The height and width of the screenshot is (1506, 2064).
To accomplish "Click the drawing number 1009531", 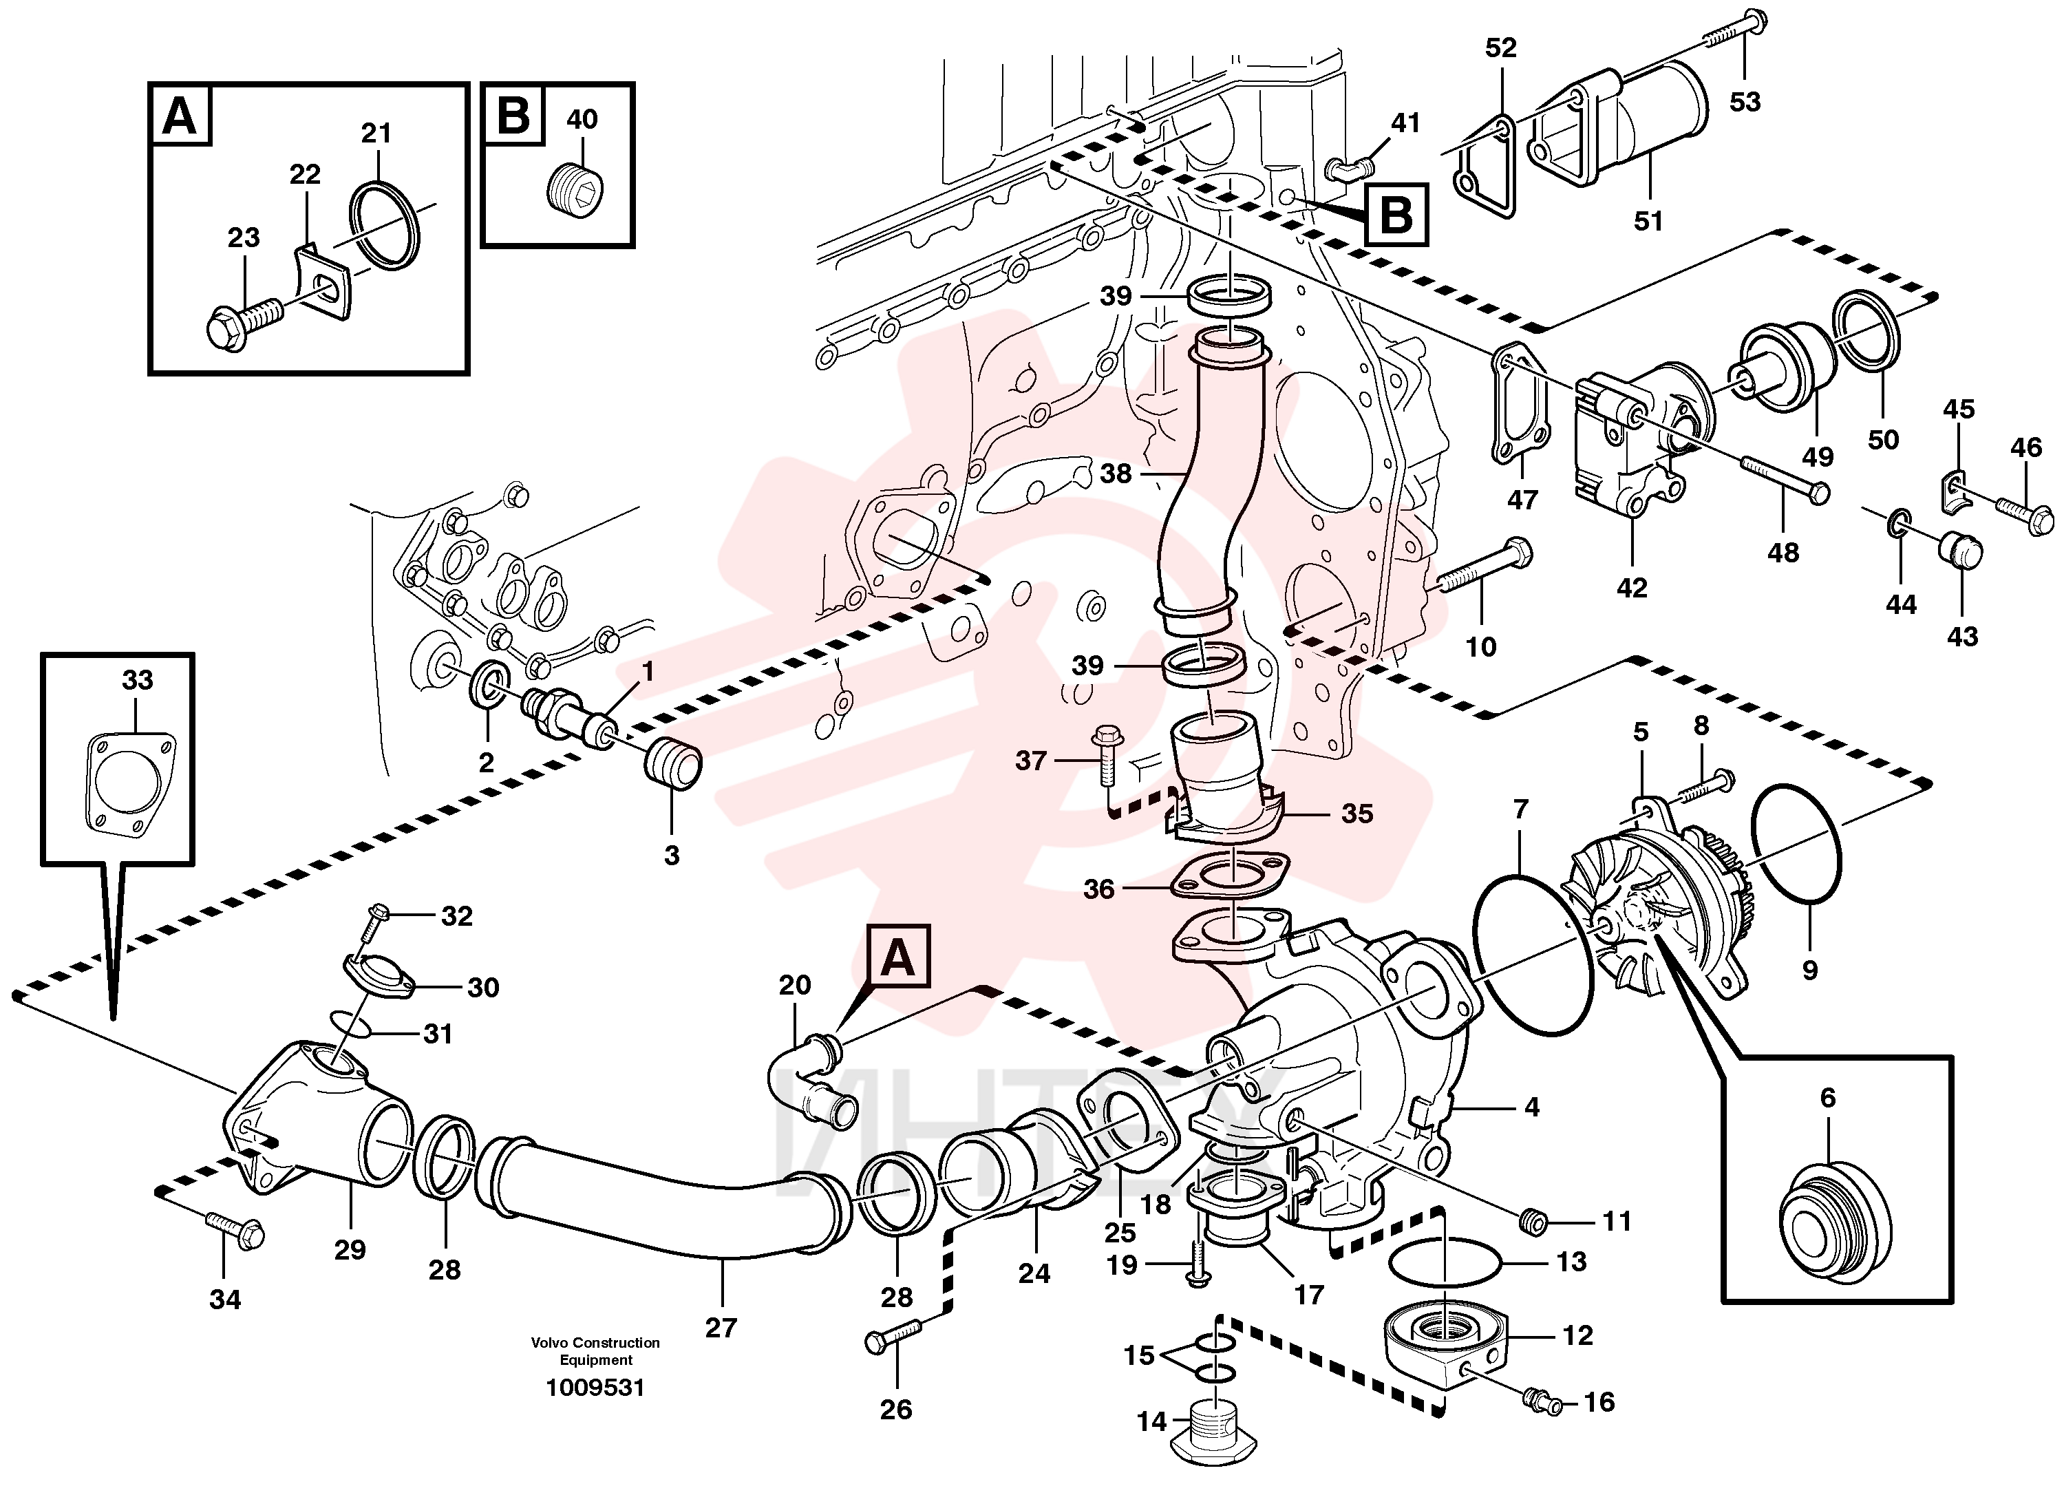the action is pyautogui.click(x=595, y=1388).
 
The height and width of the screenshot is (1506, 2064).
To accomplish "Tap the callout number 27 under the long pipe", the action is pyautogui.click(x=721, y=1328).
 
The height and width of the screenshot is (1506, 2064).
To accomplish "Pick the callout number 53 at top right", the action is pyautogui.click(x=1745, y=102).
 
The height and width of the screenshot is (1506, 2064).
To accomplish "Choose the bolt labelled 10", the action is pyautogui.click(x=1485, y=567).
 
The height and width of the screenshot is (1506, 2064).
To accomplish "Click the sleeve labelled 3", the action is pyautogui.click(x=672, y=763).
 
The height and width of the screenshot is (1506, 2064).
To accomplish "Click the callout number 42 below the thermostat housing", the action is pyautogui.click(x=1632, y=588).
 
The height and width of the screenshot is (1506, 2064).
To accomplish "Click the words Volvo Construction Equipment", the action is pyautogui.click(x=595, y=1351).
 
